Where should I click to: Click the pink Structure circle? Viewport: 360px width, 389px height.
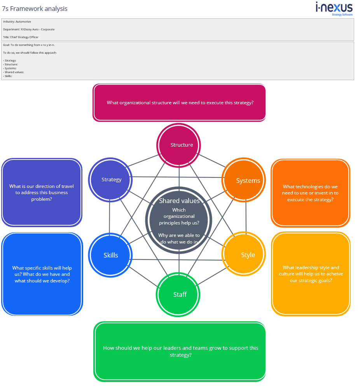click(179, 145)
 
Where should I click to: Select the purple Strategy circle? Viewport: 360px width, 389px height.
click(111, 180)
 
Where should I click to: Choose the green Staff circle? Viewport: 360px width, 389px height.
click(179, 294)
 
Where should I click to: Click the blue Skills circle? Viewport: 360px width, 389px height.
click(111, 255)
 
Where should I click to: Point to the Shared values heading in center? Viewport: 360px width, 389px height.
click(179, 201)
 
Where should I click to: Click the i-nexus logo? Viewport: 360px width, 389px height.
click(334, 9)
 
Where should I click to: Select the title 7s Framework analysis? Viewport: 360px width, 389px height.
click(35, 9)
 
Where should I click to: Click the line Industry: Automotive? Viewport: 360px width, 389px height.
click(17, 22)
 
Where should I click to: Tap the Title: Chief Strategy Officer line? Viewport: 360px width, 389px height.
click(21, 37)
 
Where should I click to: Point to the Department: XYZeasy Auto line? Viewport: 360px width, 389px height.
click(29, 29)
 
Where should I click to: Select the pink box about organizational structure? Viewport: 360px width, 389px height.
click(180, 103)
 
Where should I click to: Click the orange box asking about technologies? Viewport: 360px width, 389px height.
click(310, 193)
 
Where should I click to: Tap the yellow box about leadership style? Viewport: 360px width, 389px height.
click(310, 273)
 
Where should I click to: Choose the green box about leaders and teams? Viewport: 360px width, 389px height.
click(180, 351)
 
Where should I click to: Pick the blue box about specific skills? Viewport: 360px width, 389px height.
click(42, 274)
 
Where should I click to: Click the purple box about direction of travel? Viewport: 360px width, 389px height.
click(42, 192)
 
